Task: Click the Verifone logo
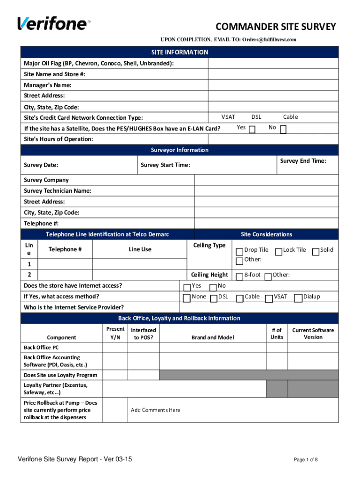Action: [x=52, y=23]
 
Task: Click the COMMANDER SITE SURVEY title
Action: [x=275, y=27]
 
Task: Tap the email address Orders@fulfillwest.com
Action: [x=269, y=39]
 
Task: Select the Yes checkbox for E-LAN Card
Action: [x=252, y=129]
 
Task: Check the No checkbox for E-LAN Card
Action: [x=283, y=129]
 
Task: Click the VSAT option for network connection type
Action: [x=228, y=117]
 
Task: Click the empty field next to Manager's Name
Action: [x=273, y=85]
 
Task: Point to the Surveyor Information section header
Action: [x=180, y=150]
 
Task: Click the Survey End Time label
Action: [x=303, y=161]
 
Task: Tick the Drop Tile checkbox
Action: [x=240, y=252]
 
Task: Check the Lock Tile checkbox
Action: [x=279, y=252]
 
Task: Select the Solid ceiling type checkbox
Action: [x=316, y=252]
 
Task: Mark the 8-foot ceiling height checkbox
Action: [x=240, y=276]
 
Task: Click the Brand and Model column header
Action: [x=212, y=337]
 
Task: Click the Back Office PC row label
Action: [x=41, y=348]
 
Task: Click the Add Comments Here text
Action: [x=155, y=410]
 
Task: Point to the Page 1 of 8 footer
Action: [x=305, y=460]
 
